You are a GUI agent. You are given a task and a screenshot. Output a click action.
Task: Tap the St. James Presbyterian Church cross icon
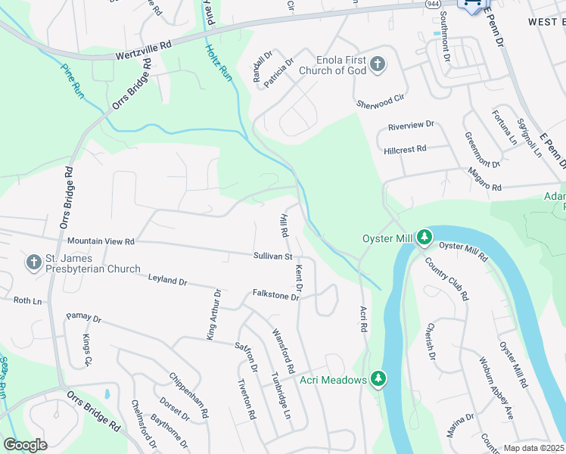click(x=33, y=263)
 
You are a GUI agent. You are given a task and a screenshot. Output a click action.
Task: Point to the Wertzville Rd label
click(x=144, y=51)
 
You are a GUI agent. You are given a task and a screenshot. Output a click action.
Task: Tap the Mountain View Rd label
click(x=101, y=241)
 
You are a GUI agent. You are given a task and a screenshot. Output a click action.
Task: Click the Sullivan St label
click(x=272, y=257)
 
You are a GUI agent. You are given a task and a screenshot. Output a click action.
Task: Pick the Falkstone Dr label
click(x=275, y=295)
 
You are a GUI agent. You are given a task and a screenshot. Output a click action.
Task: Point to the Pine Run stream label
click(x=73, y=78)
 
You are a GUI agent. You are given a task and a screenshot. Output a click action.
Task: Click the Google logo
click(x=25, y=445)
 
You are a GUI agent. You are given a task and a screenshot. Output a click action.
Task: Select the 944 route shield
click(x=432, y=5)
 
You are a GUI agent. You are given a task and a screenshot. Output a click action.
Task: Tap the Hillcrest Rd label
click(x=406, y=150)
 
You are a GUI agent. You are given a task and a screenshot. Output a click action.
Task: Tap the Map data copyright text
click(x=534, y=448)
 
